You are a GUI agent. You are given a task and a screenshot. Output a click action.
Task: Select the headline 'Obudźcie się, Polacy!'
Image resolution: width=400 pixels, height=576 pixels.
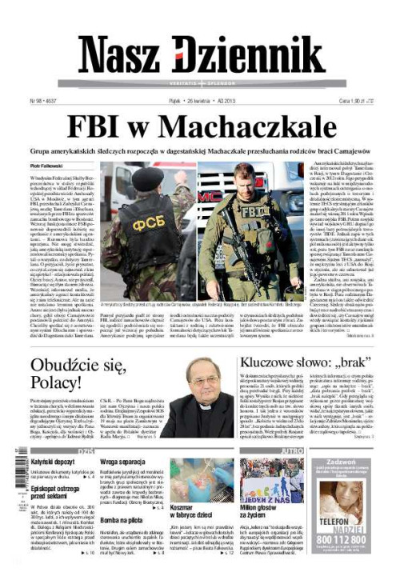pos(78,377)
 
